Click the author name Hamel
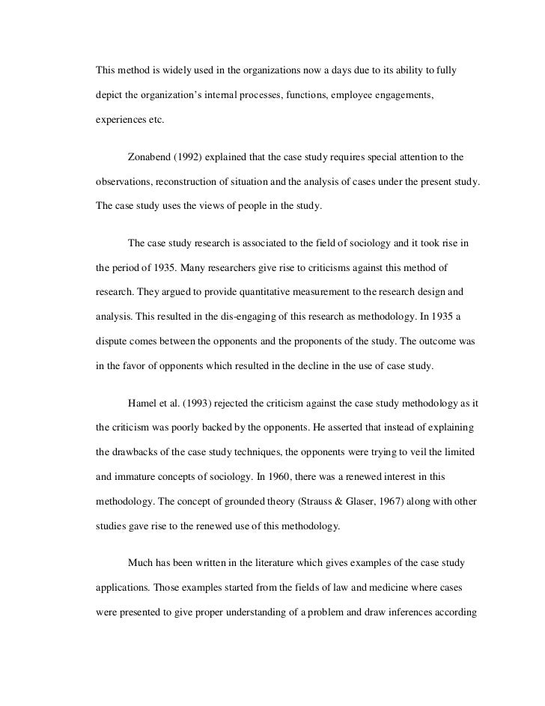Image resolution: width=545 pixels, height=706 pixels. [x=142, y=404]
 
